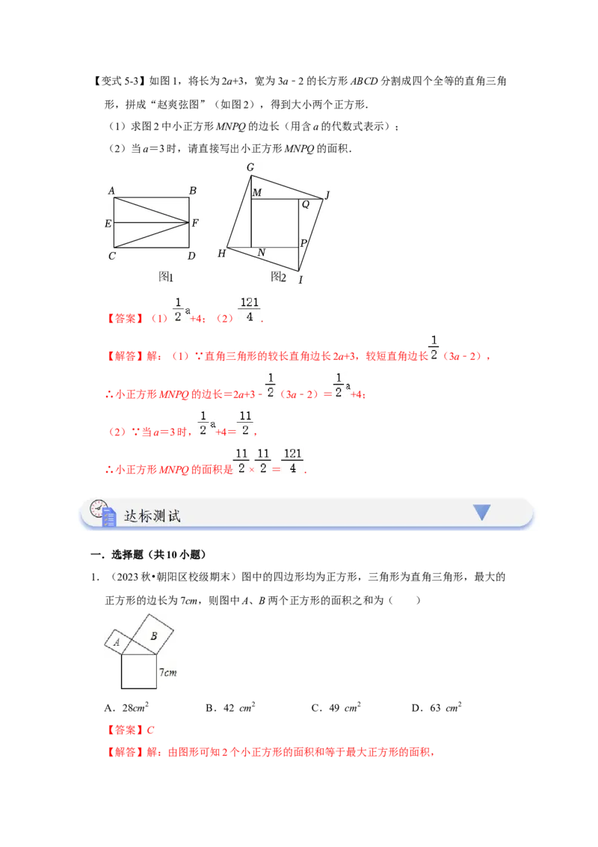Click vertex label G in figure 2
(250, 168)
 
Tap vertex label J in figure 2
(327, 195)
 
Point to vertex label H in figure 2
(221, 254)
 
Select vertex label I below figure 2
(300, 279)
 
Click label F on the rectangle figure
(195, 222)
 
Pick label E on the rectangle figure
(108, 223)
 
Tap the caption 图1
(166, 277)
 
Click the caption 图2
(279, 277)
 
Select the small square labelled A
(117, 642)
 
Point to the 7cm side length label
(168, 673)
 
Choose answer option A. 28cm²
(126, 708)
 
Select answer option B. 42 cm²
(230, 708)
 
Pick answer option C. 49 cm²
(336, 708)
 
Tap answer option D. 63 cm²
(437, 708)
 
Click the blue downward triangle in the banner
(481, 511)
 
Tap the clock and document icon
(102, 513)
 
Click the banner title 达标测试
(152, 516)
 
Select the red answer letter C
(150, 730)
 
